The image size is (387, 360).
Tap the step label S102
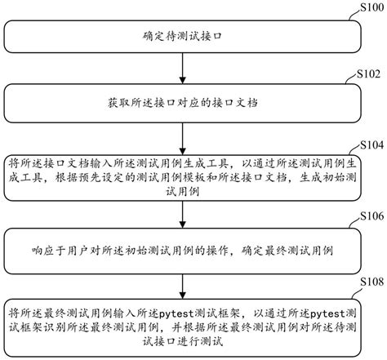click(x=369, y=73)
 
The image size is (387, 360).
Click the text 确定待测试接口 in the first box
click(x=183, y=38)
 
